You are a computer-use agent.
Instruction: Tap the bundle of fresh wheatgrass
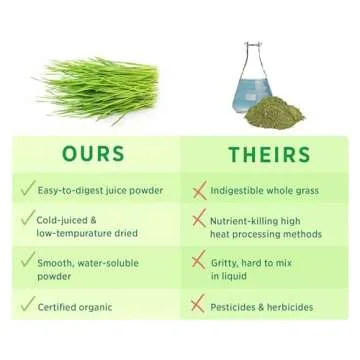99,89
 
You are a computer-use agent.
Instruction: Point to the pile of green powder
275,110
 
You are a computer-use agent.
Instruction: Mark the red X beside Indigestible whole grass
198,189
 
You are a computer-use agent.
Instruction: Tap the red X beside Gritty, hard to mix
198,259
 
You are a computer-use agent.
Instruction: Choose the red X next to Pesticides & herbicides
198,305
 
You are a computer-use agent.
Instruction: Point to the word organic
106,306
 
